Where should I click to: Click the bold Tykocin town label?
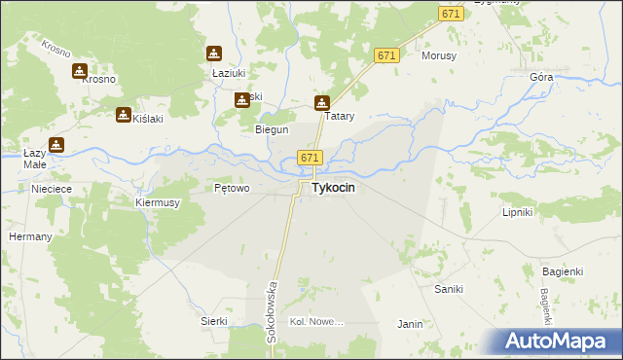coord(332,189)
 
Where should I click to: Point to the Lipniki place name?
coord(517,211)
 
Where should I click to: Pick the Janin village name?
coord(410,324)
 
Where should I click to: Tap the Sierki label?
coord(213,321)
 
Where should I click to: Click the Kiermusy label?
coord(158,202)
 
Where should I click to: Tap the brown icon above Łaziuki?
coord(214,54)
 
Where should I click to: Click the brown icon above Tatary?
coord(322,102)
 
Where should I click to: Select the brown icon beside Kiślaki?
coord(124,115)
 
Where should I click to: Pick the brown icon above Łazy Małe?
coord(57,145)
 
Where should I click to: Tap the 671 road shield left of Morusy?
coord(386,56)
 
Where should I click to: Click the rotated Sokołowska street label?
coord(273,311)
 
